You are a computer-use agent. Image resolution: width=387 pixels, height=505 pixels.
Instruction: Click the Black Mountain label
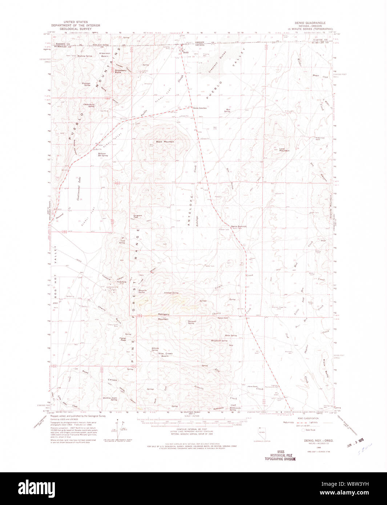tap(165, 141)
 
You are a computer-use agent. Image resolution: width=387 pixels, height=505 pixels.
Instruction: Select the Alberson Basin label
tap(105, 54)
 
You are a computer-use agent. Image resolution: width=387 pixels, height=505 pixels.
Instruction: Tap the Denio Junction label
tap(200, 108)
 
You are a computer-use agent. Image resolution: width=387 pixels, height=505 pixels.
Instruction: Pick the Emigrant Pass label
tap(138, 216)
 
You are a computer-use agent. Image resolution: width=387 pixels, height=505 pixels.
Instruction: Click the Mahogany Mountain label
tap(163, 316)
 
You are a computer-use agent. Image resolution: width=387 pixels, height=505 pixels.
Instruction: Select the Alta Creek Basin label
tap(165, 355)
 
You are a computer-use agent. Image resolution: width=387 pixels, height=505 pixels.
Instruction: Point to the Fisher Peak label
tap(123, 339)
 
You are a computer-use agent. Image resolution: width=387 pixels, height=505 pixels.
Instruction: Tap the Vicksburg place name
tap(111, 282)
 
